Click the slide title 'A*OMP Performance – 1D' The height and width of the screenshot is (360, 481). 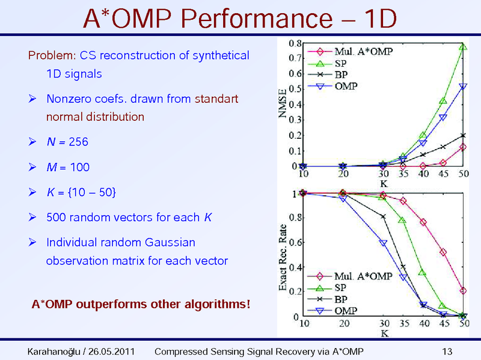coord(240,19)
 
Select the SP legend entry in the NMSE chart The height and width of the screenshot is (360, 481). coord(340,63)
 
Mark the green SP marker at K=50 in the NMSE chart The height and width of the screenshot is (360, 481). coord(463,47)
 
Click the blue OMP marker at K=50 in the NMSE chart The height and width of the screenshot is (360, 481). coord(463,87)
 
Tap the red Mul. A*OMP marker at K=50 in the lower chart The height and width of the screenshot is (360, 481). coord(463,291)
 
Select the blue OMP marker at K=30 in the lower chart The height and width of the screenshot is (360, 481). coord(383,243)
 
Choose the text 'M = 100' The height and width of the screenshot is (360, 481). coord(67,167)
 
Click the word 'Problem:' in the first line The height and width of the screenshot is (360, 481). coord(51,56)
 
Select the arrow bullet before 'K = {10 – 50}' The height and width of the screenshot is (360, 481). coord(34,192)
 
